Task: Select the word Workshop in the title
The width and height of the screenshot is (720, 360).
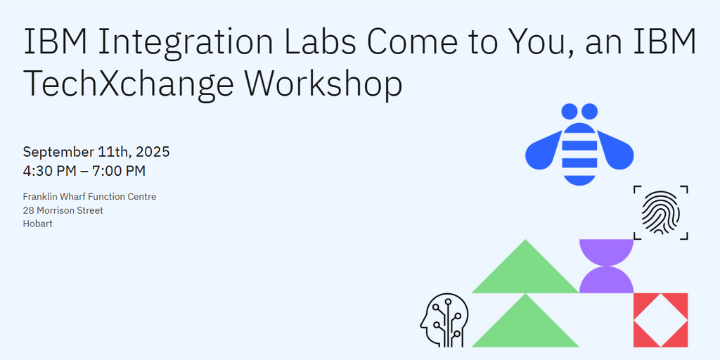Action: [323, 84]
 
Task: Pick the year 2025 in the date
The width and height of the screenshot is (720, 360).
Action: [153, 152]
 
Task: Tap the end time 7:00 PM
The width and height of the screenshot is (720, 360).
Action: [119, 171]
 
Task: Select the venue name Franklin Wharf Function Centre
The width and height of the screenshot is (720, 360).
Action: [89, 197]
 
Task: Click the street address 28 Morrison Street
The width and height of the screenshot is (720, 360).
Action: [63, 210]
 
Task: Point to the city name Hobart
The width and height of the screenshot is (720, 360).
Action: [37, 224]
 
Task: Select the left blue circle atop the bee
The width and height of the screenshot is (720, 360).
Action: [570, 111]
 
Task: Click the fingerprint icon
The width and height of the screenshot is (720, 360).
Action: [661, 212]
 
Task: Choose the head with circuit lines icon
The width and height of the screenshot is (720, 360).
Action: [444, 320]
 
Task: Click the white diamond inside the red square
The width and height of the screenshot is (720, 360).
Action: [661, 320]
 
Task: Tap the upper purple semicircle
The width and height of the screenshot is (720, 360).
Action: [606, 250]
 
